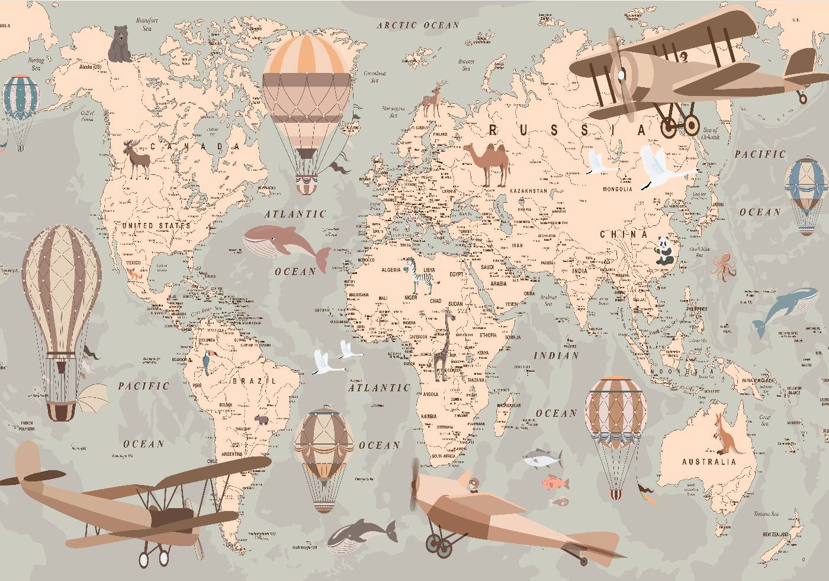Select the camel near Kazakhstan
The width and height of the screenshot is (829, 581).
[x=489, y=164]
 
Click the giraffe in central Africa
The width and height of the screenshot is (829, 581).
[x=443, y=347]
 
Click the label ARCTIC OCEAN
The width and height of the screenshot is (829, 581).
[x=418, y=25]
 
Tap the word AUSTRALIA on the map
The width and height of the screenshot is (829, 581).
[x=709, y=462]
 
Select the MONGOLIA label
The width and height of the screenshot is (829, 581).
[x=617, y=189]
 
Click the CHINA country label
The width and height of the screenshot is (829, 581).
[x=624, y=235]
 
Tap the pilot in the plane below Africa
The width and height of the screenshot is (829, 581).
[x=473, y=485]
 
